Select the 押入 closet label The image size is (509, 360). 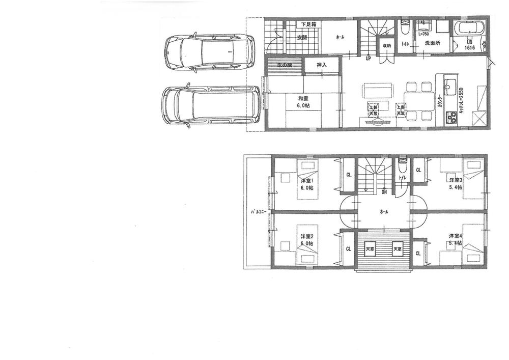tap(321, 65)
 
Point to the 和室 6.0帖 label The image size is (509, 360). tap(304, 102)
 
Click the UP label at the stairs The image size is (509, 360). tap(367, 58)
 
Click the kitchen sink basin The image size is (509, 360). tap(450, 85)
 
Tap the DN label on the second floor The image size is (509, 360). tap(385, 192)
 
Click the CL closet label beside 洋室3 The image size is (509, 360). tap(418, 171)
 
